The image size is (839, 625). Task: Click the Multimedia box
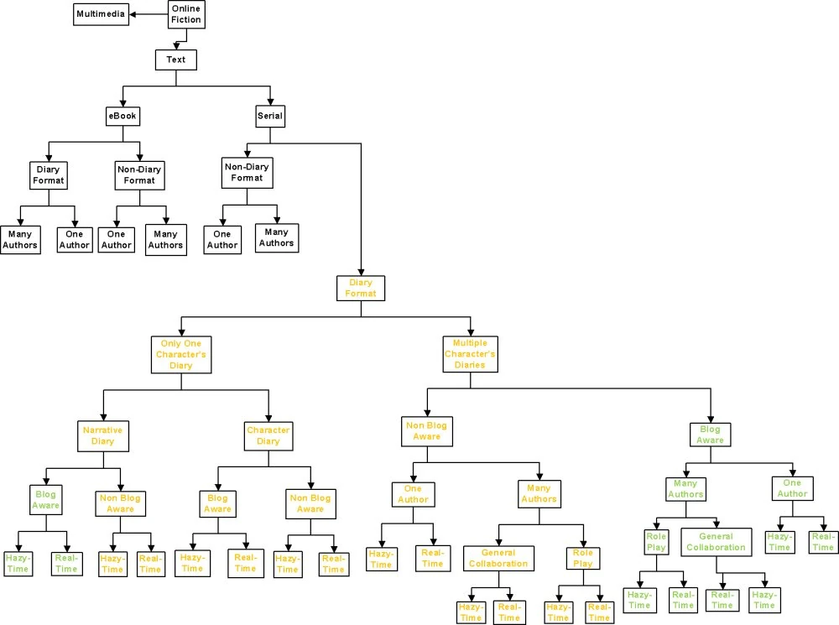click(102, 15)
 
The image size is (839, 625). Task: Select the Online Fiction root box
click(185, 14)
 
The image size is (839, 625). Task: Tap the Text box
click(175, 60)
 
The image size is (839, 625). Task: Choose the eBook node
click(122, 116)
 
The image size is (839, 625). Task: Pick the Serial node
click(269, 116)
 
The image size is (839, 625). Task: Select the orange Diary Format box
click(361, 289)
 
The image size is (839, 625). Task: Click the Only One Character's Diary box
click(181, 354)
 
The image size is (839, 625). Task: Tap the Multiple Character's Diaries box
click(470, 354)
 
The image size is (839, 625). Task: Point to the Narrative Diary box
click(102, 435)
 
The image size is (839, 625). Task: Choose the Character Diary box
click(268, 435)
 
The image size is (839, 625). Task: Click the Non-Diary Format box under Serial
click(247, 172)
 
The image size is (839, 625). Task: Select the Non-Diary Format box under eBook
click(139, 174)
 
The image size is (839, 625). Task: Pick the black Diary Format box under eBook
click(47, 174)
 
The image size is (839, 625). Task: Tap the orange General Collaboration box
click(498, 558)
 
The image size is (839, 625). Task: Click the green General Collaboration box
click(716, 542)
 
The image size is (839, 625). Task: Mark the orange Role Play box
click(581, 558)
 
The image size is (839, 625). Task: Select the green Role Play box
click(655, 542)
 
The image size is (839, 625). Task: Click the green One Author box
click(792, 488)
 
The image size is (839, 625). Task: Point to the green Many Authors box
click(686, 488)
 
